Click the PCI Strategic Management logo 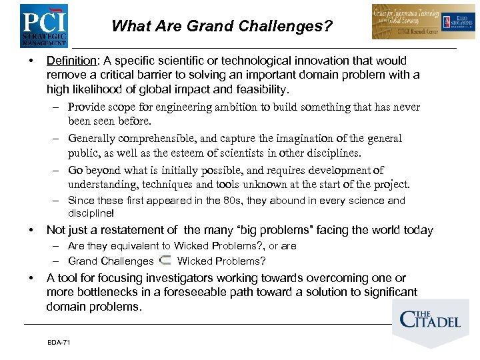tap(44, 25)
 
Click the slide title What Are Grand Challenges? tap(222, 27)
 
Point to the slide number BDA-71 tap(59, 342)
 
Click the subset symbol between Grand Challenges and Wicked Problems tap(165, 260)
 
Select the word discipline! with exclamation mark tap(91, 213)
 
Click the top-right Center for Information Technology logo tap(423, 22)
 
